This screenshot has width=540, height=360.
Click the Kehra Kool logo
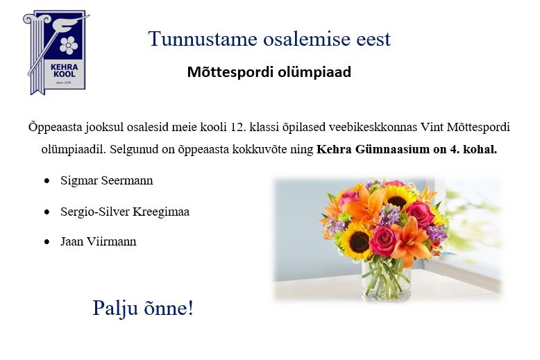[56, 52]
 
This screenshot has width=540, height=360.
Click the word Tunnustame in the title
[203, 38]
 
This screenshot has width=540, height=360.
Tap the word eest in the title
[373, 39]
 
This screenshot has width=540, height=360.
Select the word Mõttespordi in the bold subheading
[230, 72]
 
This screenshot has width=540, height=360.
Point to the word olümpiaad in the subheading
[314, 72]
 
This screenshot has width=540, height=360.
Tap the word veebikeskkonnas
[373, 127]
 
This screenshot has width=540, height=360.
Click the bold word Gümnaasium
[392, 149]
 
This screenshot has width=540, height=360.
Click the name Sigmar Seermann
[107, 180]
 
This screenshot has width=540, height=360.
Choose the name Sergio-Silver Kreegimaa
[125, 212]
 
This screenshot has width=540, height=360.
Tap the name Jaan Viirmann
[99, 241]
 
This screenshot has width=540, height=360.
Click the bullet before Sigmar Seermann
[47, 181]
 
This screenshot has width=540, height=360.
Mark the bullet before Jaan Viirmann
[47, 242]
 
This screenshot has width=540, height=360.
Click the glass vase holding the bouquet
[386, 280]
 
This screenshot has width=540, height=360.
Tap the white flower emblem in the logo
[69, 45]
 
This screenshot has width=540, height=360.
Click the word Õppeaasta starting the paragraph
[55, 128]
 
